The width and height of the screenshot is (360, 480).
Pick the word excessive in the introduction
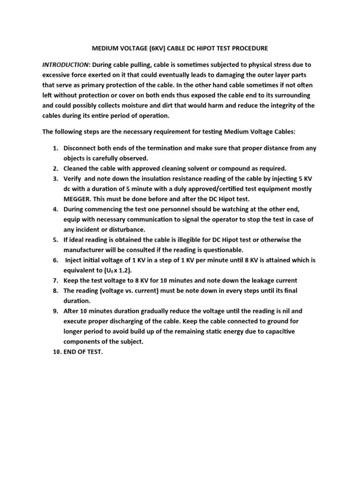(x=58, y=75)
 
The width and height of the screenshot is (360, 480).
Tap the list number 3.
(x=54, y=179)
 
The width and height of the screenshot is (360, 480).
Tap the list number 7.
(x=54, y=280)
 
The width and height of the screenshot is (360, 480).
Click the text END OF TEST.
(x=82, y=352)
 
